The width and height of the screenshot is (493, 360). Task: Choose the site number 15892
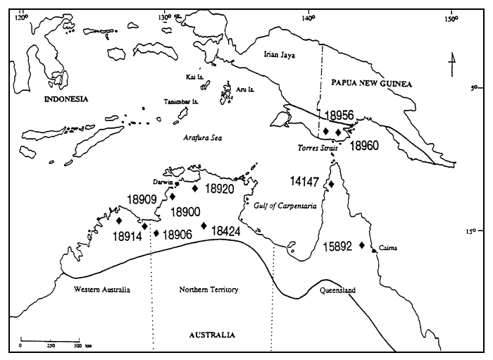coord(338,247)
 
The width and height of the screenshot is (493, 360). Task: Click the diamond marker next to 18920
coord(195,188)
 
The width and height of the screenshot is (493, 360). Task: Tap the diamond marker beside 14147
coord(331,185)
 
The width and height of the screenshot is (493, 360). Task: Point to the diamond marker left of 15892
coord(362,245)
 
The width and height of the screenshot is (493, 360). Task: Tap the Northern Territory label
coord(210,290)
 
